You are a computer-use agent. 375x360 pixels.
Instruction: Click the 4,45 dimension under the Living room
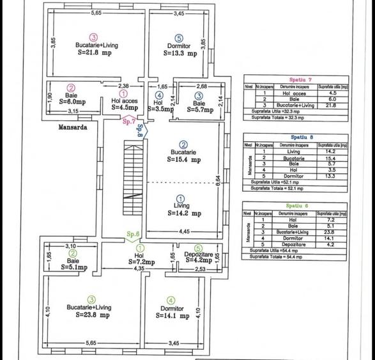(184, 230)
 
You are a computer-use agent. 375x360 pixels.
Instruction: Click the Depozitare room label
(198, 254)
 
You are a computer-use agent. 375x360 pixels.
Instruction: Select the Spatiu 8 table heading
(298, 137)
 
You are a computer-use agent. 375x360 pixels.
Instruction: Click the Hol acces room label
(124, 100)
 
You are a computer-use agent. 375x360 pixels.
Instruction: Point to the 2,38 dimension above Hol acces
(124, 86)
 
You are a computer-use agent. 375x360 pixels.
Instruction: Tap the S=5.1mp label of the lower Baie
(74, 268)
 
